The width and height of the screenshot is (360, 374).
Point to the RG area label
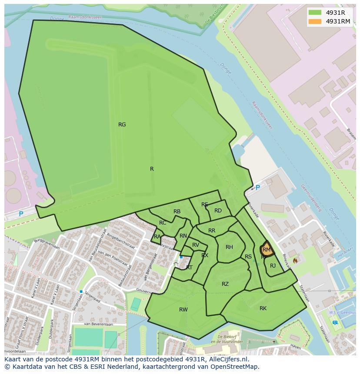tap(122, 125)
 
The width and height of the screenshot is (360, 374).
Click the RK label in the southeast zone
tap(263, 308)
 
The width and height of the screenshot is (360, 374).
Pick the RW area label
tap(183, 310)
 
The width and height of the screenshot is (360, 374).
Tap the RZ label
tap(225, 284)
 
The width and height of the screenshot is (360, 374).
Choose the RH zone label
tap(229, 247)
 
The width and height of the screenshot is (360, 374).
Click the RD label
tap(218, 211)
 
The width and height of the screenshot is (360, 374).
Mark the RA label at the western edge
tap(157, 237)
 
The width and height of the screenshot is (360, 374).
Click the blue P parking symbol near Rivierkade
tap(257, 188)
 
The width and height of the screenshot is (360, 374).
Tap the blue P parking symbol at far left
tap(21, 214)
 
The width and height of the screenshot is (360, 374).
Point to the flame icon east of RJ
tap(296, 261)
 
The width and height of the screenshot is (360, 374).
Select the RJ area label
tap(273, 266)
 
